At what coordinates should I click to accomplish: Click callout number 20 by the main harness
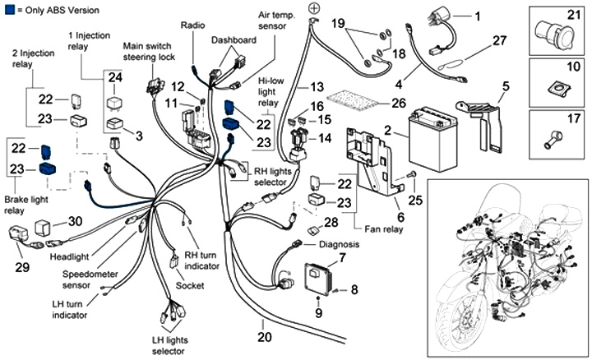click(x=264, y=336)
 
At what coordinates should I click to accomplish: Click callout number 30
click(x=75, y=220)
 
